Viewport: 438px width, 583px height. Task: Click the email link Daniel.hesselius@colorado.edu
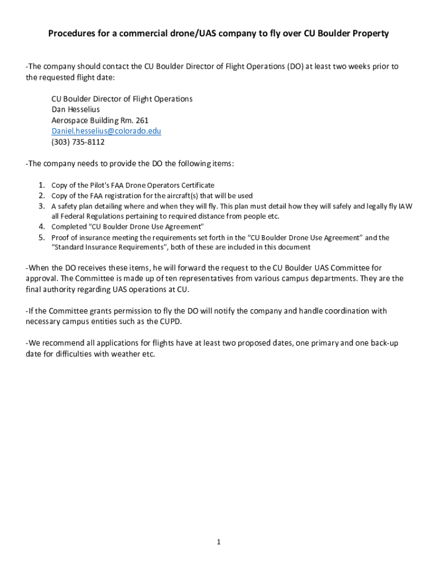tap(106, 131)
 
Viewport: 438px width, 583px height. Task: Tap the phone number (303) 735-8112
tap(78, 142)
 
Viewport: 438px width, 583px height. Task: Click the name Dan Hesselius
tap(76, 109)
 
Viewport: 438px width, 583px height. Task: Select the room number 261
tap(142, 120)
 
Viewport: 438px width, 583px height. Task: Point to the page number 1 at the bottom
tap(218, 542)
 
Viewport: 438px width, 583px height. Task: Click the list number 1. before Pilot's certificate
tap(42, 185)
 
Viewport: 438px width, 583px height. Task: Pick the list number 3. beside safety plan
tap(42, 206)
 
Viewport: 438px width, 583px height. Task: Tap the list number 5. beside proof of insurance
tap(42, 237)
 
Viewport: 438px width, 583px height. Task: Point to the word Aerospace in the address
tap(71, 120)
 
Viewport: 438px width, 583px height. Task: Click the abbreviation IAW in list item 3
tap(405, 206)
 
